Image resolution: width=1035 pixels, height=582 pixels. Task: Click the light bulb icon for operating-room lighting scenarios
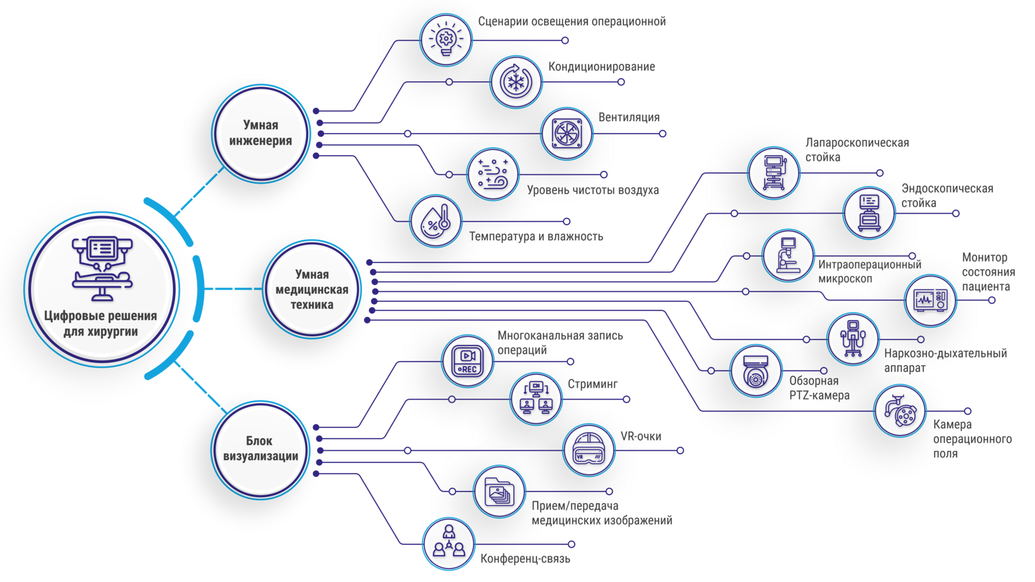pyautogui.click(x=446, y=39)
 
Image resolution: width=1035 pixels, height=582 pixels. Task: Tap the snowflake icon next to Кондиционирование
pyautogui.click(x=516, y=83)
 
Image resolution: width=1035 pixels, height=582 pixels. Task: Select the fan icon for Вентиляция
pyautogui.click(x=567, y=134)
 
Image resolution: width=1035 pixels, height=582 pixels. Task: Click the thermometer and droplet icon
pyautogui.click(x=436, y=221)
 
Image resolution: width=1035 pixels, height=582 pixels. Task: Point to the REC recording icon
pyautogui.click(x=467, y=361)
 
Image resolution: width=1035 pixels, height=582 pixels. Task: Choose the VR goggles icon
pyautogui.click(x=589, y=450)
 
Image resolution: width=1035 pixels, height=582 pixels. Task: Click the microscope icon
pyautogui.click(x=788, y=256)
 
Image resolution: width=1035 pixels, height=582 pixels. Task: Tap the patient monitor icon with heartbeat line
pyautogui.click(x=930, y=301)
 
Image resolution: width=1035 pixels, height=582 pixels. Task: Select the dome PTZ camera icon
pyautogui.click(x=756, y=371)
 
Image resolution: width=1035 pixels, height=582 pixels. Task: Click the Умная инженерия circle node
pyautogui.click(x=261, y=134)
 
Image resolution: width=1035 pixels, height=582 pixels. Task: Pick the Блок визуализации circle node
pyautogui.click(x=261, y=450)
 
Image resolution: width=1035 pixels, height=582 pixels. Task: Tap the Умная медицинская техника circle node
pyautogui.click(x=312, y=289)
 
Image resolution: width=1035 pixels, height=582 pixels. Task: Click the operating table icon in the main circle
pyautogui.click(x=102, y=269)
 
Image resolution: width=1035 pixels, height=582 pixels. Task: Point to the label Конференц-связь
pyautogui.click(x=526, y=559)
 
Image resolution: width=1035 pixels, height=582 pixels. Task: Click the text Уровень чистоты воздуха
pyautogui.click(x=593, y=190)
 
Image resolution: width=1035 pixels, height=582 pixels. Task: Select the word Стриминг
pyautogui.click(x=593, y=384)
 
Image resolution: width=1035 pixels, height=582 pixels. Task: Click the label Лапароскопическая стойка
pyautogui.click(x=857, y=150)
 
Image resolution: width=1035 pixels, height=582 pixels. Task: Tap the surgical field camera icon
pyautogui.click(x=900, y=411)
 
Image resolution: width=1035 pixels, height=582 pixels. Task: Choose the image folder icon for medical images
pyautogui.click(x=499, y=491)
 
